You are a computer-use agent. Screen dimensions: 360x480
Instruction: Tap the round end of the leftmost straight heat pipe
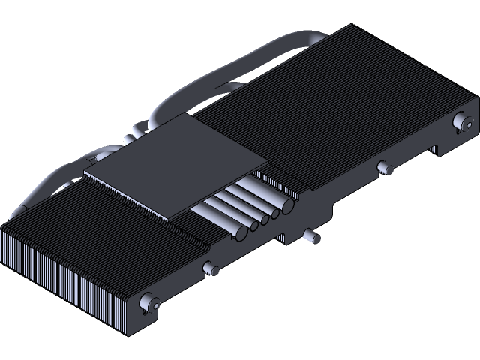(x=242, y=234)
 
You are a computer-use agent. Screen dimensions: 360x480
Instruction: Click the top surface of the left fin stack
(x=97, y=225)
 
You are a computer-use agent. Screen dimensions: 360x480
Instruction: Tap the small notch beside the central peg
(x=285, y=238)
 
